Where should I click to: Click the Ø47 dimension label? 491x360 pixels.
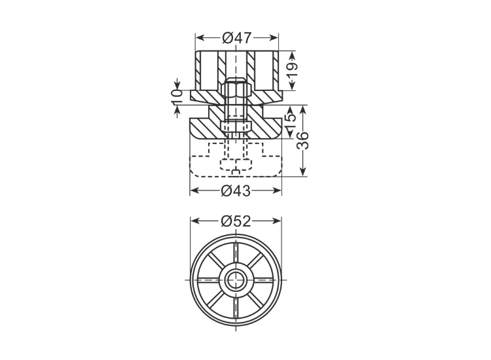coord(237,38)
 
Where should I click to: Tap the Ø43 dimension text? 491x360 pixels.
coord(236,190)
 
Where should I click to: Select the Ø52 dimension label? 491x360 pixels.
coord(236,221)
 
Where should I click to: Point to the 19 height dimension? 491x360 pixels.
coord(292,71)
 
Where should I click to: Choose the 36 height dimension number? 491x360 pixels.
coord(303,141)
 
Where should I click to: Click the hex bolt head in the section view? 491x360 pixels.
coord(236,88)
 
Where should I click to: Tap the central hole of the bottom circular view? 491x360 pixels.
coord(236,280)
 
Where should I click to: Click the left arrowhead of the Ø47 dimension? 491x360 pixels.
coord(200,38)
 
